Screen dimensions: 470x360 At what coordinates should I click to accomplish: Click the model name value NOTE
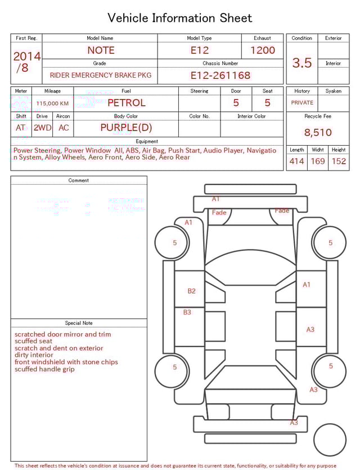click(101, 50)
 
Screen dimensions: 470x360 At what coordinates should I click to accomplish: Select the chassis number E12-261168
click(220, 75)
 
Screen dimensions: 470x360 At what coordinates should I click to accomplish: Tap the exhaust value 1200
click(263, 50)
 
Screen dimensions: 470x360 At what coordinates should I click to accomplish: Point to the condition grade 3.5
click(302, 63)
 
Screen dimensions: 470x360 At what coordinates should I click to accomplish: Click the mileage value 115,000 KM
click(52, 104)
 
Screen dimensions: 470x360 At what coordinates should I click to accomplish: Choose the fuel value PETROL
click(126, 103)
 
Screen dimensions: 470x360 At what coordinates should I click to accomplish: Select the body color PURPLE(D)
click(126, 128)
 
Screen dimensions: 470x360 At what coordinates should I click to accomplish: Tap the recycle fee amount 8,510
click(318, 132)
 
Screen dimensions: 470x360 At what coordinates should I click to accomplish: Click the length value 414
click(296, 161)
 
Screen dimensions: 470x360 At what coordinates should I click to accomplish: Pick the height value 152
click(339, 161)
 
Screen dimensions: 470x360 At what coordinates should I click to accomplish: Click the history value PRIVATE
click(302, 103)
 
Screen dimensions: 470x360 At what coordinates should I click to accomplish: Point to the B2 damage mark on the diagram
click(192, 291)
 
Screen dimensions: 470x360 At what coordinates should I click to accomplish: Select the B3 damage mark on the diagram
click(187, 312)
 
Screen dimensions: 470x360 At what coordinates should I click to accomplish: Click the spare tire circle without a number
click(330, 440)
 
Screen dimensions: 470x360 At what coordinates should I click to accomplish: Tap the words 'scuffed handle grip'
click(44, 369)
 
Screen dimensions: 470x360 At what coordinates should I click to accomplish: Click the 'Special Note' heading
click(79, 323)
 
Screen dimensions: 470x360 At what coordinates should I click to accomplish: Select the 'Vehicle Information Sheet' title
click(180, 18)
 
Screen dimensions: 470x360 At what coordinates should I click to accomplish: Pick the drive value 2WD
click(42, 128)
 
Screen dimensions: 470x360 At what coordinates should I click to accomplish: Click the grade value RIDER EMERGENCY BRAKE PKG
click(101, 75)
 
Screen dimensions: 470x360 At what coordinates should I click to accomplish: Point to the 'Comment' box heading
click(79, 181)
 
